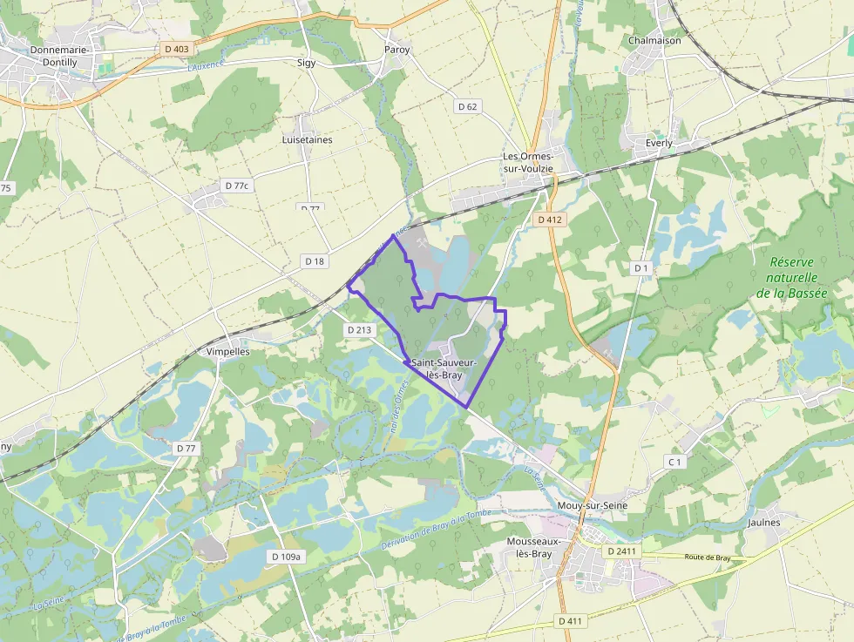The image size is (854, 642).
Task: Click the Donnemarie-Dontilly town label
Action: (x=58, y=57)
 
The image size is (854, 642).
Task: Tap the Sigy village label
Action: (x=307, y=63)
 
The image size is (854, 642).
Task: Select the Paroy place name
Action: (x=396, y=50)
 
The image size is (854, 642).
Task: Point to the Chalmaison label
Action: (x=654, y=40)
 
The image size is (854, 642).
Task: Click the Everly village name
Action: (x=659, y=143)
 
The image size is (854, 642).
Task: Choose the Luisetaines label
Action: (x=307, y=139)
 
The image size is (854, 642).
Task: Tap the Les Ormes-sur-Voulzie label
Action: (x=528, y=162)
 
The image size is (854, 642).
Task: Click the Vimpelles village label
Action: (x=228, y=352)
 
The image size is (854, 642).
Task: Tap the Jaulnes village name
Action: (x=764, y=523)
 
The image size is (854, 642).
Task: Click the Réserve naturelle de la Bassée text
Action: (x=791, y=277)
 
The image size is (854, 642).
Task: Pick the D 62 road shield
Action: (x=468, y=106)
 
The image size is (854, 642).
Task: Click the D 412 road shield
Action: (x=551, y=220)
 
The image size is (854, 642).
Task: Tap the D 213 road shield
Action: (x=359, y=330)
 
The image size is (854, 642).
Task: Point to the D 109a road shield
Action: (x=286, y=557)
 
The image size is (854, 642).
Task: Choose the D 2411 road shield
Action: (x=622, y=551)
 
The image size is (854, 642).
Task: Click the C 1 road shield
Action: (x=674, y=461)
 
